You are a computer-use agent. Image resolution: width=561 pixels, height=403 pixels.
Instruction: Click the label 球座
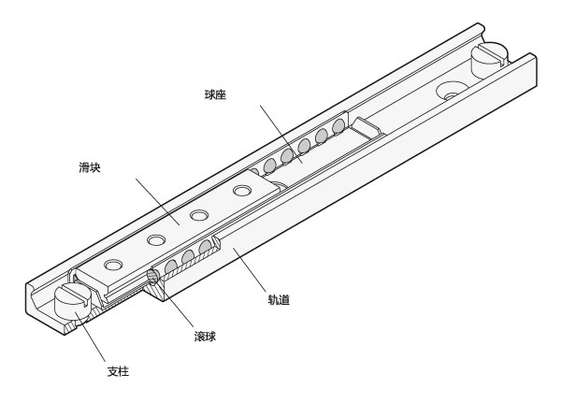pyautogui.click(x=215, y=94)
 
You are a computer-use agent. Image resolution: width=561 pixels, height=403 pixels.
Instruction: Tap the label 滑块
pyautogui.click(x=90, y=167)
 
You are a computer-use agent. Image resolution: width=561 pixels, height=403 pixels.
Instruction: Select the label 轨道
pyautogui.click(x=279, y=299)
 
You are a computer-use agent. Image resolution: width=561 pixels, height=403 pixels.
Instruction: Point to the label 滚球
pyautogui.click(x=205, y=337)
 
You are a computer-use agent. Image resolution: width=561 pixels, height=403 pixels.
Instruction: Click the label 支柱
pyautogui.click(x=118, y=371)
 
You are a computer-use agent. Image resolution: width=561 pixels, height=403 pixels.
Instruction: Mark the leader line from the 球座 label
pyautogui.click(x=281, y=135)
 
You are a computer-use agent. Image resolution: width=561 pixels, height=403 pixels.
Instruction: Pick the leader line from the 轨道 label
pyautogui.click(x=249, y=269)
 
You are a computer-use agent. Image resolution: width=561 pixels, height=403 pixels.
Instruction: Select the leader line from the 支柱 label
pyautogui.click(x=90, y=337)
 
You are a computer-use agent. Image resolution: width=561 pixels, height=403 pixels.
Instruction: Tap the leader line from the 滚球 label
pyautogui.click(x=174, y=301)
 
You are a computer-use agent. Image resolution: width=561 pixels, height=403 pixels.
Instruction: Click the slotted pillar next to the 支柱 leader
pyautogui.click(x=74, y=301)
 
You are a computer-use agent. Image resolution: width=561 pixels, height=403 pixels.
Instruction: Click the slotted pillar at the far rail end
pyautogui.click(x=489, y=60)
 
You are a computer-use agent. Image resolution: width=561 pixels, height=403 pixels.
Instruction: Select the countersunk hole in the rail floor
pyautogui.click(x=453, y=91)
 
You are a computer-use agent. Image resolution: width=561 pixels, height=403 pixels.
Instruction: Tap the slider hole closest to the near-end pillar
pyautogui.click(x=113, y=265)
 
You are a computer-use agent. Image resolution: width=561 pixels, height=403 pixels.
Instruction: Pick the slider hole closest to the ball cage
pyautogui.click(x=242, y=190)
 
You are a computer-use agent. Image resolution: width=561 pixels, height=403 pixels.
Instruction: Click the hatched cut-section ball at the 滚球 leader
pyautogui.click(x=153, y=276)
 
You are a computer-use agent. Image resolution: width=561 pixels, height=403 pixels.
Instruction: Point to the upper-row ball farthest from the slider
pyautogui.click(x=338, y=126)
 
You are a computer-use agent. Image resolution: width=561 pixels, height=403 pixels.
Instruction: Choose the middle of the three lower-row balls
pyautogui.click(x=188, y=256)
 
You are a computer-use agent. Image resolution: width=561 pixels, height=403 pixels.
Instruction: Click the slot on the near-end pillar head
pyautogui.click(x=77, y=293)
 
